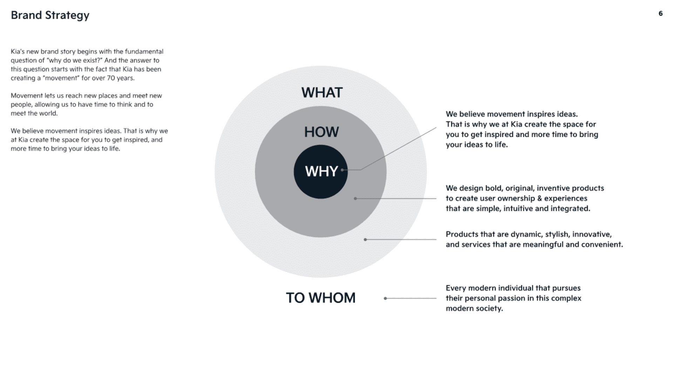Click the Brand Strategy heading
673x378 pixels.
tap(50, 15)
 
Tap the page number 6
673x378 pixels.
tap(660, 14)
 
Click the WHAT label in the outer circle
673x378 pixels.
tap(322, 93)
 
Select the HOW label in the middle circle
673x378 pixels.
tap(321, 132)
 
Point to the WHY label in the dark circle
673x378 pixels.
tap(321, 171)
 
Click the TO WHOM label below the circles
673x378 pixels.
tap(320, 298)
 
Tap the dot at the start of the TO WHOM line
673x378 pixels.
tap(385, 298)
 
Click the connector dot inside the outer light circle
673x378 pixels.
tap(365, 239)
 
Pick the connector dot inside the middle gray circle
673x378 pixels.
tap(355, 198)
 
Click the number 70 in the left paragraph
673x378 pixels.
tap(111, 78)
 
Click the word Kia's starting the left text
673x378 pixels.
tap(18, 51)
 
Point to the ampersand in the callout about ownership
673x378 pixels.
tap(539, 198)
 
